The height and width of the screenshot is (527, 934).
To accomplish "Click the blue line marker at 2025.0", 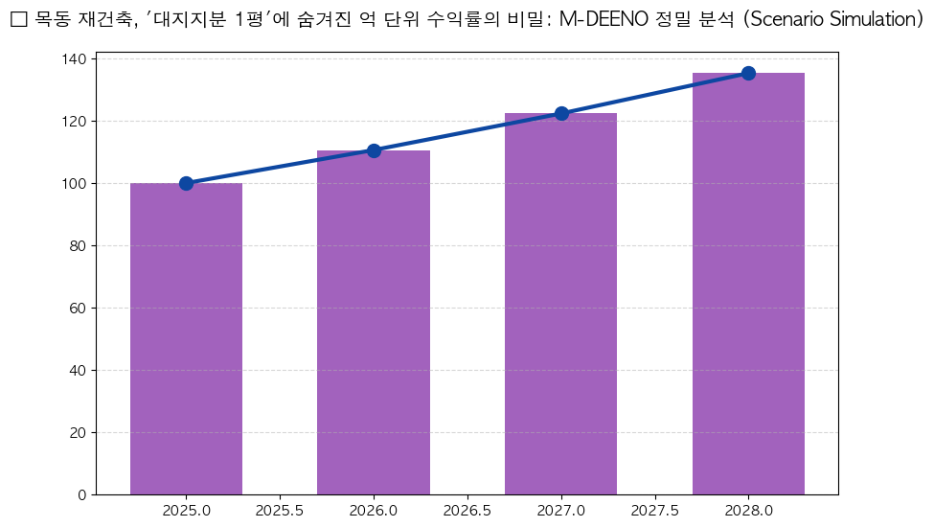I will tap(186, 183).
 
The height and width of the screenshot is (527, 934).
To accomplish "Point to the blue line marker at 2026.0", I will tap(374, 150).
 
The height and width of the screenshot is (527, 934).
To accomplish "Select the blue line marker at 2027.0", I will tap(561, 113).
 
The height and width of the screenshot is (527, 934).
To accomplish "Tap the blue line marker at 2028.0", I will tap(748, 73).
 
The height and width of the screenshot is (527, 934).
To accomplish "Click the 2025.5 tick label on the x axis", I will tap(280, 511).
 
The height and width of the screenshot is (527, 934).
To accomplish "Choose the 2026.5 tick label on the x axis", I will tap(467, 511).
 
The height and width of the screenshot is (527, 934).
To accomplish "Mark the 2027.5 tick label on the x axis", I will tap(655, 511).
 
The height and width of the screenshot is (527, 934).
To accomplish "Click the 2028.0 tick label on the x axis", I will tap(748, 511).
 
